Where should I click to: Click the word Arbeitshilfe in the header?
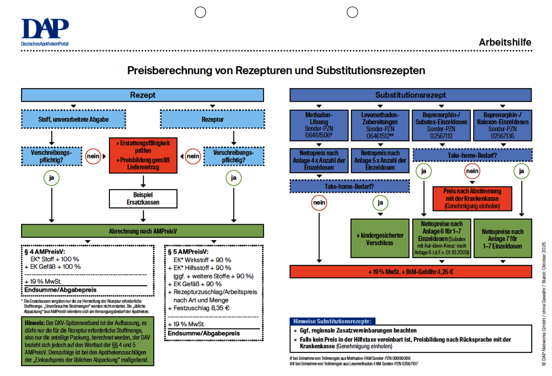pos(505,43)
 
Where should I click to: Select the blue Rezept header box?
pos(143,95)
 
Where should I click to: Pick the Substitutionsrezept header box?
pos(410,95)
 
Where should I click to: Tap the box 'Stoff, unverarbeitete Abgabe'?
pos(73,119)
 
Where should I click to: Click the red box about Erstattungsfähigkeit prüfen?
pos(144,156)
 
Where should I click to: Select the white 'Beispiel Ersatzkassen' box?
pos(144,198)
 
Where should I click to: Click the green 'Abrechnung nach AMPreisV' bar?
pos(143,231)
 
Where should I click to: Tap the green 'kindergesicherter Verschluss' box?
pos(380,238)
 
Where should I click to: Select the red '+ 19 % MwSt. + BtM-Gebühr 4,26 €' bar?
pos(410,271)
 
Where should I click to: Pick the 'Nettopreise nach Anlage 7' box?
pos(502,238)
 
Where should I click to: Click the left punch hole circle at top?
pos(200,12)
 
